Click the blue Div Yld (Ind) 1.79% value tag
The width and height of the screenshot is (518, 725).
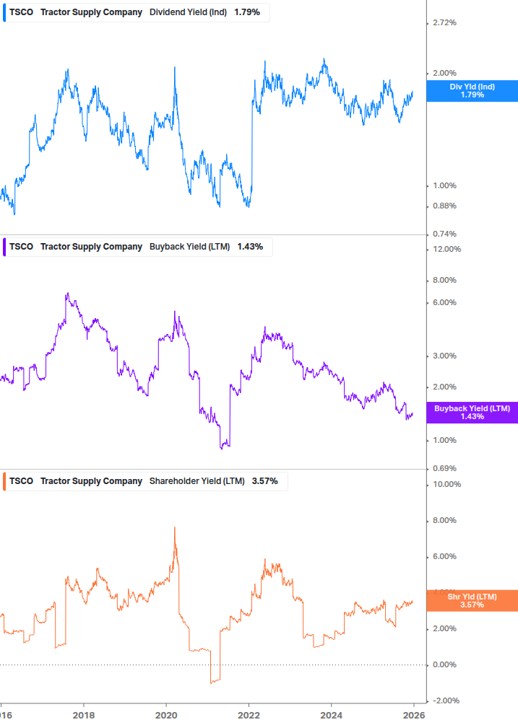[x=472, y=91]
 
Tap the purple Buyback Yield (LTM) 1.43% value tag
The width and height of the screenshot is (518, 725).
[x=472, y=413]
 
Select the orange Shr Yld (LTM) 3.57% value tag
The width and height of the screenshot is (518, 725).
[x=472, y=600]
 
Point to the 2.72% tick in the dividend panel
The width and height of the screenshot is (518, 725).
[x=444, y=23]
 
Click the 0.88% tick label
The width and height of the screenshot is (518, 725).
[x=444, y=206]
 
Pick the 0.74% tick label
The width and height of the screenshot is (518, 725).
[x=444, y=234]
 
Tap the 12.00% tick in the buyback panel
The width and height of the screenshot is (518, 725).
[x=446, y=250]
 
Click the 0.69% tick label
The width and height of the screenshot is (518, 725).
[x=444, y=469]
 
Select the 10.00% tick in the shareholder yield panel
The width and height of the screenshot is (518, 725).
[x=446, y=484]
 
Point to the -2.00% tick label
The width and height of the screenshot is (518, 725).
[x=445, y=700]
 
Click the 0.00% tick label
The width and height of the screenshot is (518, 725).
[x=444, y=664]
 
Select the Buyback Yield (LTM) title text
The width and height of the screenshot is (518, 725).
[x=189, y=247]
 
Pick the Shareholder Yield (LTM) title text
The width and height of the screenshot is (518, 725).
[x=197, y=481]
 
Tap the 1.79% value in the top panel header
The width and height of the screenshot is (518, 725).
[x=247, y=13]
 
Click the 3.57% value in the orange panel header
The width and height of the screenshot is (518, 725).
[x=264, y=481]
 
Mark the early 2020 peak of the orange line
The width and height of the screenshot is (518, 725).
[x=175, y=528]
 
